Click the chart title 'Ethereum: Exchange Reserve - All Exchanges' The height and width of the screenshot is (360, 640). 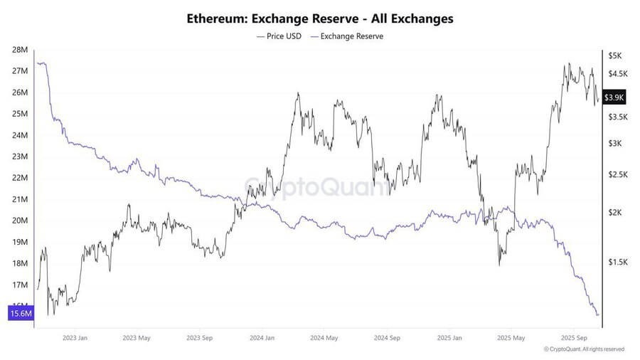tap(320, 18)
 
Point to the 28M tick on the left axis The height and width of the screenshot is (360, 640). tap(20, 50)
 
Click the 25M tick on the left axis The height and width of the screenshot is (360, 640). tap(20, 114)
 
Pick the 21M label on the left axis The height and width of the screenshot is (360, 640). tap(20, 199)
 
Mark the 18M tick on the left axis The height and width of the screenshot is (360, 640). tap(20, 263)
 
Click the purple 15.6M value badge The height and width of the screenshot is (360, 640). tap(21, 314)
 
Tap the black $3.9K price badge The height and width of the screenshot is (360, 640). tap(614, 97)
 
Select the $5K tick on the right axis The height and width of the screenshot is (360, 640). tap(614, 55)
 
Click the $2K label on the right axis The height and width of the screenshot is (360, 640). tap(614, 213)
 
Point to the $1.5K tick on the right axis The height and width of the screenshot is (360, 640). tap(616, 263)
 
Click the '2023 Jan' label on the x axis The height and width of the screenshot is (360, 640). tap(75, 338)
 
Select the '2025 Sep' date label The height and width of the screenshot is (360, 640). tap(573, 338)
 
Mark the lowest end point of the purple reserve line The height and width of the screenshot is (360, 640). tap(597, 314)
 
